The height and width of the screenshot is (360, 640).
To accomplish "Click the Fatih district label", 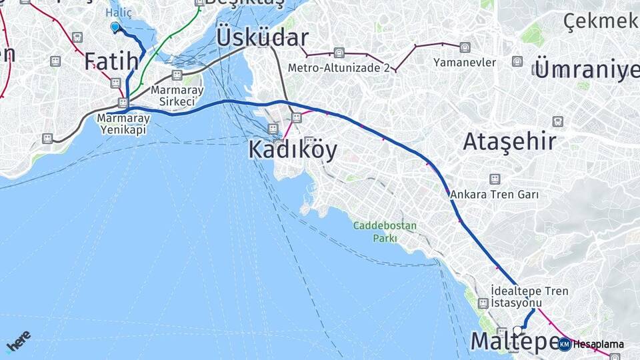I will click(111, 61).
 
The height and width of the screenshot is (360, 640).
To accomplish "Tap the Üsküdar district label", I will click(262, 37).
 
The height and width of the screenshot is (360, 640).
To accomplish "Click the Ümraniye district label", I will click(587, 69).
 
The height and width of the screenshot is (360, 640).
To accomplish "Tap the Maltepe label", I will click(515, 341).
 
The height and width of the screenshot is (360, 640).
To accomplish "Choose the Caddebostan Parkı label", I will click(385, 231).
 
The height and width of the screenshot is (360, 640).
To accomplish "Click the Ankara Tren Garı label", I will click(494, 195).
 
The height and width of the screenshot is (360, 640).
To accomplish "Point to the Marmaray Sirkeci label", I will click(173, 95).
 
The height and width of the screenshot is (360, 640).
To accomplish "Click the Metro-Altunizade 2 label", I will click(339, 67).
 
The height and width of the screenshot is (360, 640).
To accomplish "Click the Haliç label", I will click(119, 12).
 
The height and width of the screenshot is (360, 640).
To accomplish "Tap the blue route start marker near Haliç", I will click(115, 27).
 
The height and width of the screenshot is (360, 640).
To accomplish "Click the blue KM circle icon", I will click(564, 344).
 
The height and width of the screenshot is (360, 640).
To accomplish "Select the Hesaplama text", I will click(599, 345).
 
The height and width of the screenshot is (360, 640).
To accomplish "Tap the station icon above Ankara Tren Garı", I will click(494, 179).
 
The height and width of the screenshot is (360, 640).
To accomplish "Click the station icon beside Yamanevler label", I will click(465, 47).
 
